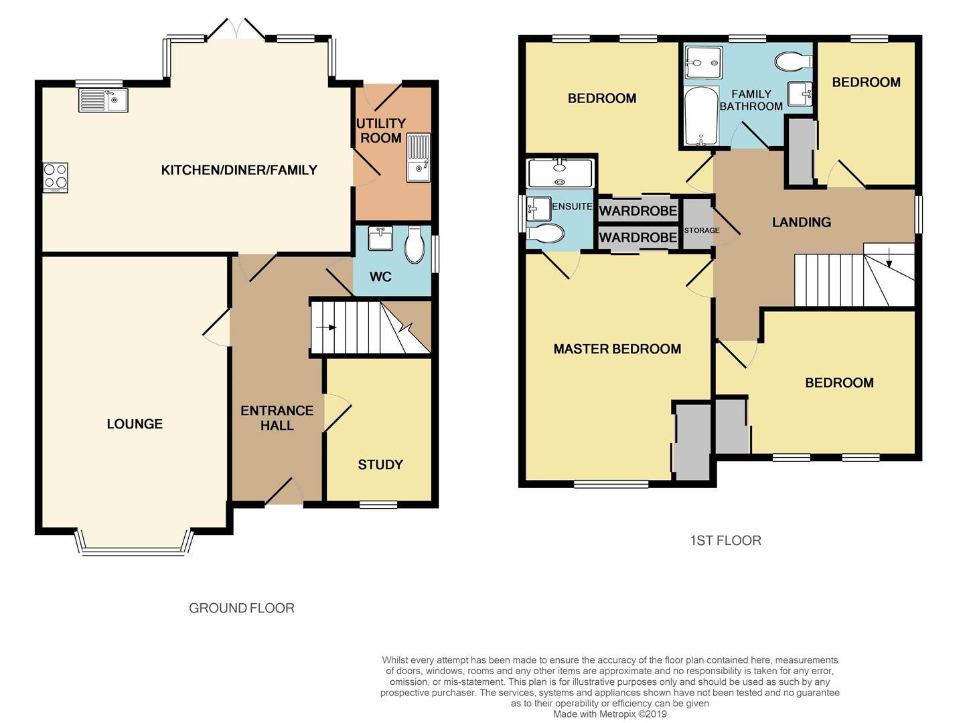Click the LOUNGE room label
point(135,424)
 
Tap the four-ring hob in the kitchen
point(56,177)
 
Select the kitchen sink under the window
point(104,100)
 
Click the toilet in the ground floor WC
point(414,245)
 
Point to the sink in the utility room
point(418,157)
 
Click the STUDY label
point(380,465)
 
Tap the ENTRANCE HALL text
point(277,418)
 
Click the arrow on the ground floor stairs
point(326,327)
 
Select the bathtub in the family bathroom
point(701,116)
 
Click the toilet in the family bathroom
point(793,62)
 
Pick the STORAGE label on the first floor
point(702,230)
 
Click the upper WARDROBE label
point(638,211)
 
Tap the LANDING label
point(802,222)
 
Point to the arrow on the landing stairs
point(889,258)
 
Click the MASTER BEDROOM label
point(617,349)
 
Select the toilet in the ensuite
point(545,233)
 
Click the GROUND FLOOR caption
point(242,608)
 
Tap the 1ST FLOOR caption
point(725,540)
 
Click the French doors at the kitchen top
point(237,29)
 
